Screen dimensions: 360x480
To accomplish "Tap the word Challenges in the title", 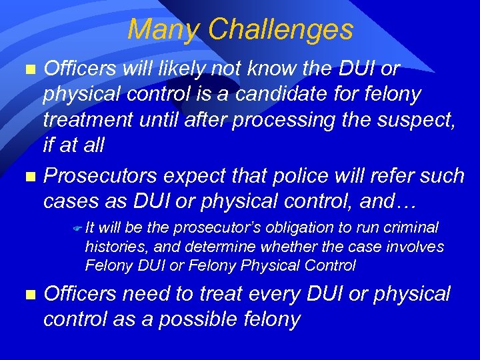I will [x=280, y=30].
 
